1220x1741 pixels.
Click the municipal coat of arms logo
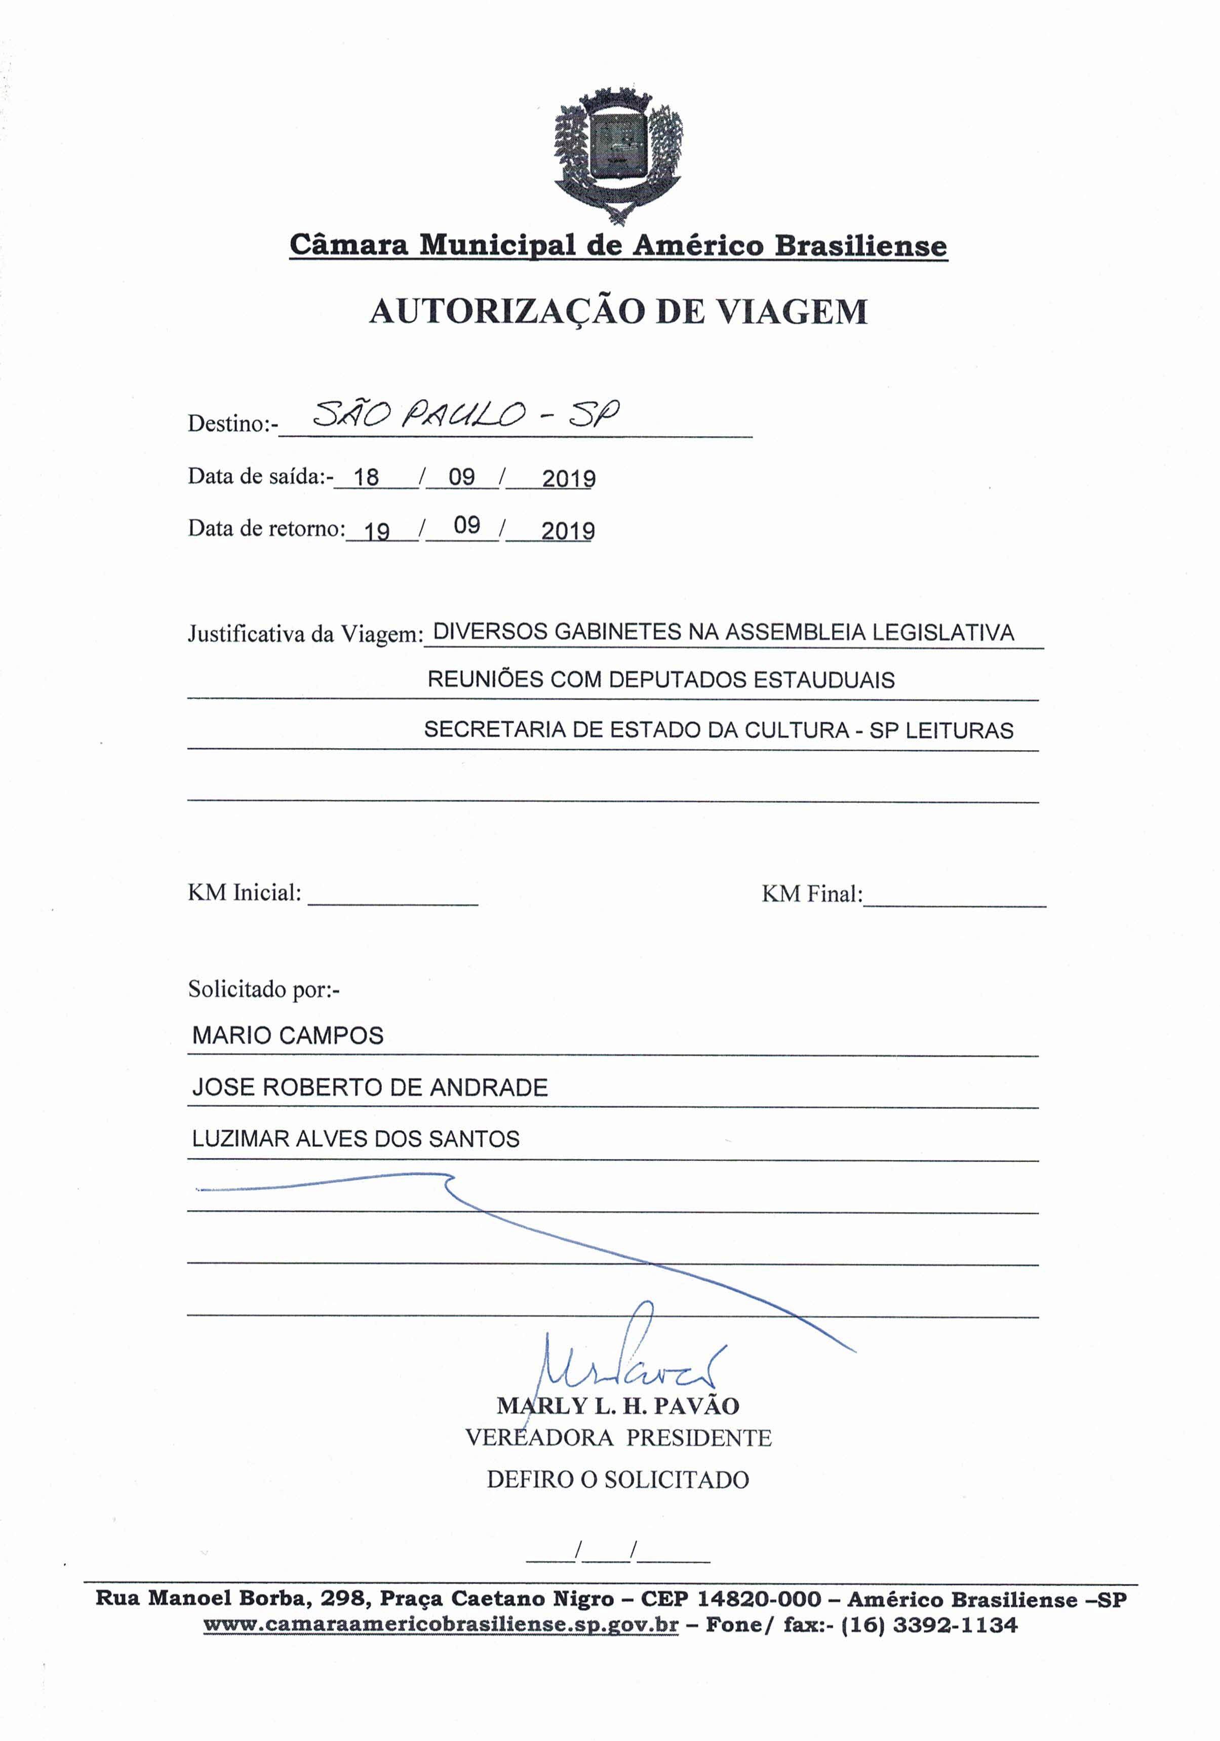point(618,156)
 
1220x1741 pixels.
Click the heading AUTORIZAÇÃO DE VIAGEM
point(618,312)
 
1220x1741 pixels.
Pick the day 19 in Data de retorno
point(377,531)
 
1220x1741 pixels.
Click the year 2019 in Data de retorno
point(568,531)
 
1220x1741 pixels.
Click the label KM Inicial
point(244,893)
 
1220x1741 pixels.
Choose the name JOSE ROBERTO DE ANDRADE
point(370,1088)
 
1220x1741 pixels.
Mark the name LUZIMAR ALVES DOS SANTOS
point(356,1139)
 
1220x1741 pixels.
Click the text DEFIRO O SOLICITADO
point(618,1480)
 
